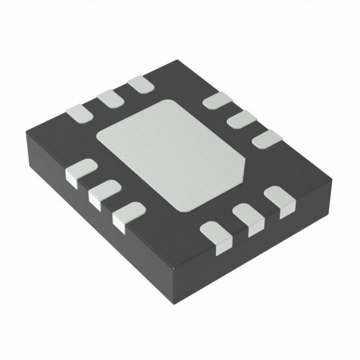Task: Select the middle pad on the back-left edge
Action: [110, 100]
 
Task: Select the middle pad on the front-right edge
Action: [247, 217]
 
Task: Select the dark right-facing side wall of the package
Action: [259, 247]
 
